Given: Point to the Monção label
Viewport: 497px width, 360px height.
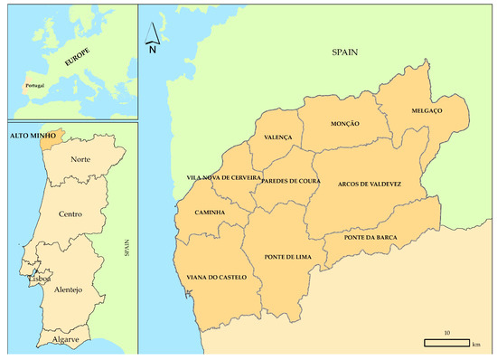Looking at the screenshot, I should (x=345, y=124).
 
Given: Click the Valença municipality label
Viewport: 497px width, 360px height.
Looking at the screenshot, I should (x=278, y=137).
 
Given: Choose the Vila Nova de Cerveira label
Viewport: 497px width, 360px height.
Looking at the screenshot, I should (x=223, y=178).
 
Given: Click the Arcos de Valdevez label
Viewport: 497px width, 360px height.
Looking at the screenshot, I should (x=369, y=184).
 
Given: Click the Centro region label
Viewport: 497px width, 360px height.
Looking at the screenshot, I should (x=70, y=216).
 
